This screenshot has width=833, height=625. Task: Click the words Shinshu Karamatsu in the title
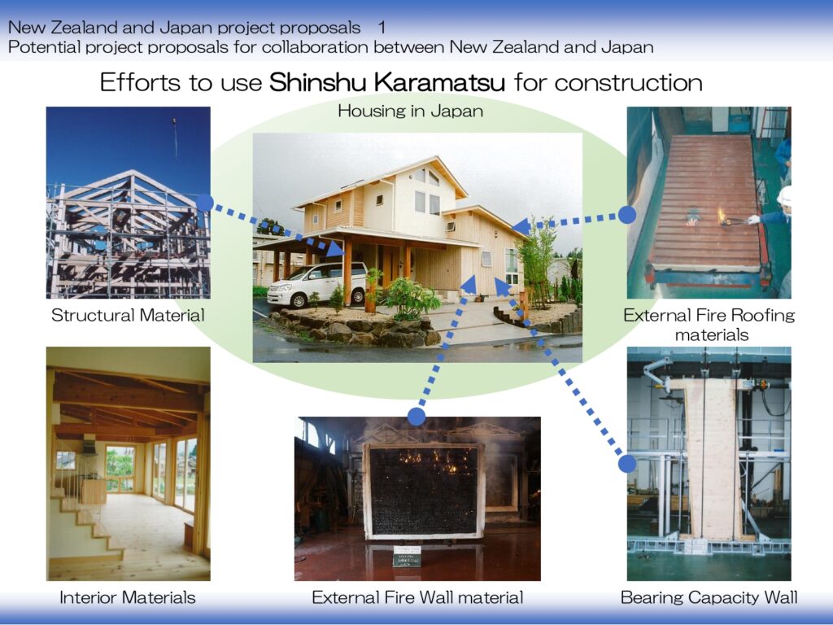coord(386,82)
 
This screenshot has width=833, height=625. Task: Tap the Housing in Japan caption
coord(411,111)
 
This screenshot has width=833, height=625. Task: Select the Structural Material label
coord(128,315)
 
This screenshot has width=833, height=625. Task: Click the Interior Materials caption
coord(128,597)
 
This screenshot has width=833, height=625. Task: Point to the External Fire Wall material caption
coord(417,597)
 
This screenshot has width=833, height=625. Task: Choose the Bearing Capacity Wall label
coord(709,597)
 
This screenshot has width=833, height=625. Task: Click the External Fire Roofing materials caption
coord(709,325)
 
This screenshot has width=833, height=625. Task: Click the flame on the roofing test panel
coord(722,215)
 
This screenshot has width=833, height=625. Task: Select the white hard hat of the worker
coord(785,195)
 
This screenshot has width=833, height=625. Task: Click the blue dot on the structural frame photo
coord(204,203)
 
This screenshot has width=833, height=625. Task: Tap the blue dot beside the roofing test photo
coord(627,215)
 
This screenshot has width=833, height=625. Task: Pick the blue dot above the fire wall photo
coord(416,417)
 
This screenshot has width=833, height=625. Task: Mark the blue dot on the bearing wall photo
coord(627,463)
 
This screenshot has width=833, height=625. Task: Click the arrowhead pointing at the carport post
coord(336,248)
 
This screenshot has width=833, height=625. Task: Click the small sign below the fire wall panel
coord(407,556)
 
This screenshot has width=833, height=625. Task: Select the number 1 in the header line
coord(382,27)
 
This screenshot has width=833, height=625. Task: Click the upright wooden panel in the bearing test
coord(709,458)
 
